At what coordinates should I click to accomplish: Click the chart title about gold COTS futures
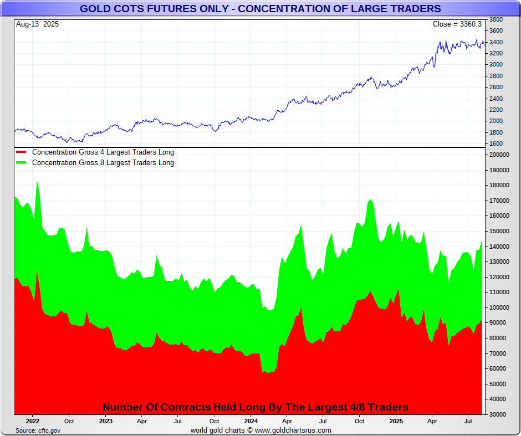(260, 9)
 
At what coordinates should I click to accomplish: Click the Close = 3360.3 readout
(457, 24)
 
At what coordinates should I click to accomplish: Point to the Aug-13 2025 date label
(38, 24)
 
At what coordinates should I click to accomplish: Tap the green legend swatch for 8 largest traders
(21, 163)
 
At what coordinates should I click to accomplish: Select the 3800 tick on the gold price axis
(496, 19)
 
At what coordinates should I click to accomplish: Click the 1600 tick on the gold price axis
(496, 144)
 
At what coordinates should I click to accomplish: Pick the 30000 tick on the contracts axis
(497, 414)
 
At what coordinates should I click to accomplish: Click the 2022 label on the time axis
(33, 421)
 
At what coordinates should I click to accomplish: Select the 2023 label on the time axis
(105, 421)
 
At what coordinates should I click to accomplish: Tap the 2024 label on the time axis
(251, 421)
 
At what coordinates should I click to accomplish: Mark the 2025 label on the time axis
(396, 421)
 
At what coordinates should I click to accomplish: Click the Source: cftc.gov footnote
(38, 430)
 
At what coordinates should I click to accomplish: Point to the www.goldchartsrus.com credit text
(293, 430)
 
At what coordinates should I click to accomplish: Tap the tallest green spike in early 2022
(37, 182)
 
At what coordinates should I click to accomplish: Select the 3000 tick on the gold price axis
(496, 64)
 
